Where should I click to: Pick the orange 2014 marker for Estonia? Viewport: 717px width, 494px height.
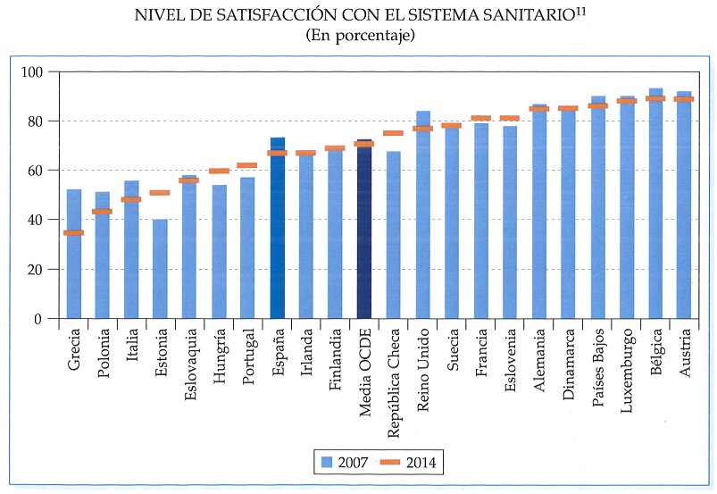point(161,193)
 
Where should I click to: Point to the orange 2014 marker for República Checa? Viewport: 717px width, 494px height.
point(393,133)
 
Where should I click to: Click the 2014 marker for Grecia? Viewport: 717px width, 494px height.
point(74,233)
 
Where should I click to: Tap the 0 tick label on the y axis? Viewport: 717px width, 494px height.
point(39,319)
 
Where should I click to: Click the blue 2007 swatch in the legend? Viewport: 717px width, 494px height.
point(326,462)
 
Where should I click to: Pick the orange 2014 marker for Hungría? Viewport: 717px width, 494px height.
point(220,171)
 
